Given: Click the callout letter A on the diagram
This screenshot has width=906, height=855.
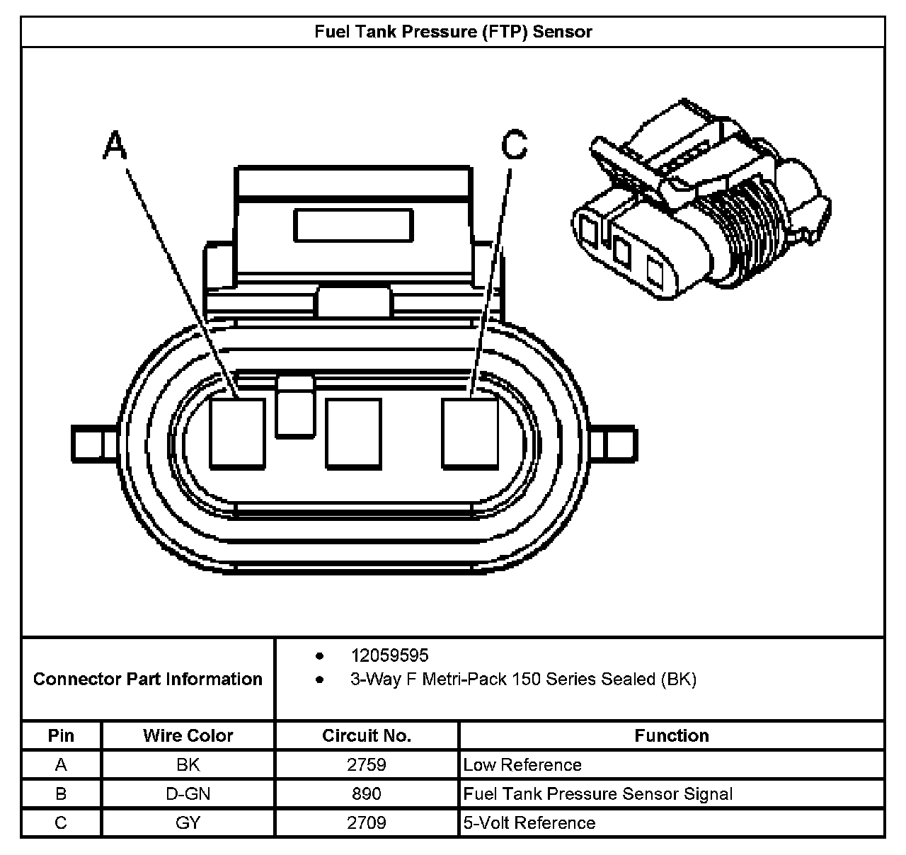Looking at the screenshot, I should [115, 146].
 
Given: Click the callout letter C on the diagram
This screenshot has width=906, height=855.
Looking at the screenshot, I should [515, 145].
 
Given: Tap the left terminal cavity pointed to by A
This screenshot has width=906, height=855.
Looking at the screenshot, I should [238, 433].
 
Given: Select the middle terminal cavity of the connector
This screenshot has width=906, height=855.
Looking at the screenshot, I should [353, 433].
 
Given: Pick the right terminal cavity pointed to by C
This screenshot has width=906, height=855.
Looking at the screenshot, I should [470, 433].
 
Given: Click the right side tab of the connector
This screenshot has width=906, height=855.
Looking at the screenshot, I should [618, 444].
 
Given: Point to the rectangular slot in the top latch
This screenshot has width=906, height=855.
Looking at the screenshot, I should [353, 225].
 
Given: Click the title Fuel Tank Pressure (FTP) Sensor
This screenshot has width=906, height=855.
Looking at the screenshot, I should [453, 32].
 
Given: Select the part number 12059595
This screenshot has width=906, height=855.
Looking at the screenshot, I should [389, 655].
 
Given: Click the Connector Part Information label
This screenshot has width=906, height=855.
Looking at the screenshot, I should [148, 679].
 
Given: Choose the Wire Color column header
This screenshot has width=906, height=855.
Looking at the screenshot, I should [188, 735].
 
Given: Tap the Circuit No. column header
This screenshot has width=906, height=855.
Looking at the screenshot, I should [366, 735].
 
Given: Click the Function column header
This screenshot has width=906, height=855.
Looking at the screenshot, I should [671, 735].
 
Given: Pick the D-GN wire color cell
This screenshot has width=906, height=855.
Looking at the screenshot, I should [188, 793].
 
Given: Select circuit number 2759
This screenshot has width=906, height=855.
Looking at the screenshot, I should [366, 764].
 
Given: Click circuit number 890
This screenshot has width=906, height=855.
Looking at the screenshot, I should [366, 793].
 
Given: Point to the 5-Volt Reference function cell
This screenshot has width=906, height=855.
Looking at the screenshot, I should [529, 822].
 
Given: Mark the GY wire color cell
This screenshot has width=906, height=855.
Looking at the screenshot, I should [188, 822].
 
